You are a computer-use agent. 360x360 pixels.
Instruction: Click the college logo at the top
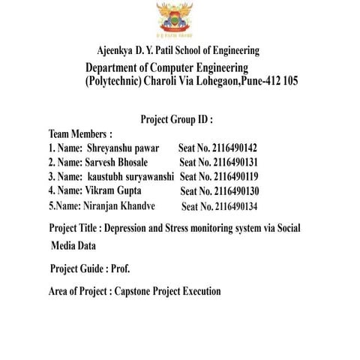(174, 18)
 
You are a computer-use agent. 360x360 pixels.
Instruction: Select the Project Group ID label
(176, 118)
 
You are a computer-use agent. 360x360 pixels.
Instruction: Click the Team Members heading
(80, 133)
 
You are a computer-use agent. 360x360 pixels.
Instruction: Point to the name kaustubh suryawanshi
(131, 176)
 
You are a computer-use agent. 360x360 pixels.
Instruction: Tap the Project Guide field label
(78, 268)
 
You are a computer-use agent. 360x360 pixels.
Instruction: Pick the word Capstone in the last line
(136, 291)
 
